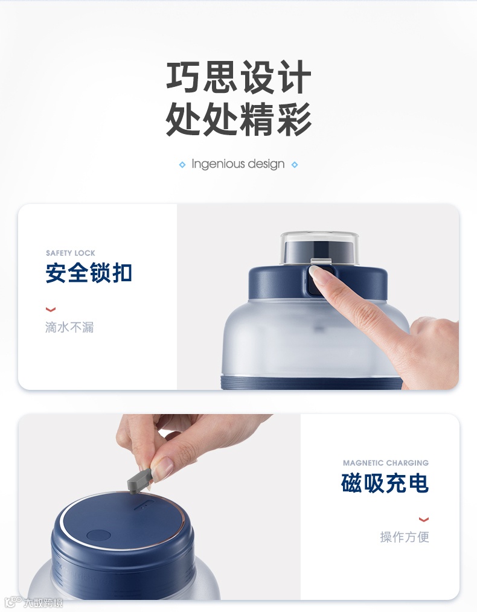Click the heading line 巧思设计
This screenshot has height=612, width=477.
click(238, 77)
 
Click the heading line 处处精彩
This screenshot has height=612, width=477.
click(238, 119)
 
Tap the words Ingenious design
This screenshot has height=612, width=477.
click(238, 164)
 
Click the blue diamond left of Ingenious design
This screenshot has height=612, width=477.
click(182, 165)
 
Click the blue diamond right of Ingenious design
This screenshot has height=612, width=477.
click(295, 165)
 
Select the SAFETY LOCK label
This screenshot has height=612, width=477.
click(71, 253)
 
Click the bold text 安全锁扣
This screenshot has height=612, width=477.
click(89, 272)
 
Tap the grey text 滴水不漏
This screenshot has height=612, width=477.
click(69, 327)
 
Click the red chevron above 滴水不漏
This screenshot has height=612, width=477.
click(51, 310)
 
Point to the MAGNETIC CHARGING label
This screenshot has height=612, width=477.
click(386, 463)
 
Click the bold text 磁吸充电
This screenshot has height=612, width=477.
click(385, 483)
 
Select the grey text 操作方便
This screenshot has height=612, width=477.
click(405, 537)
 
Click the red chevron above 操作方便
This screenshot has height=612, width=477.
click(424, 519)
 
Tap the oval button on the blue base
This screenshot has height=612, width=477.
click(98, 534)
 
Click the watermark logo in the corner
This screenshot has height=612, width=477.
click(34, 602)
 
